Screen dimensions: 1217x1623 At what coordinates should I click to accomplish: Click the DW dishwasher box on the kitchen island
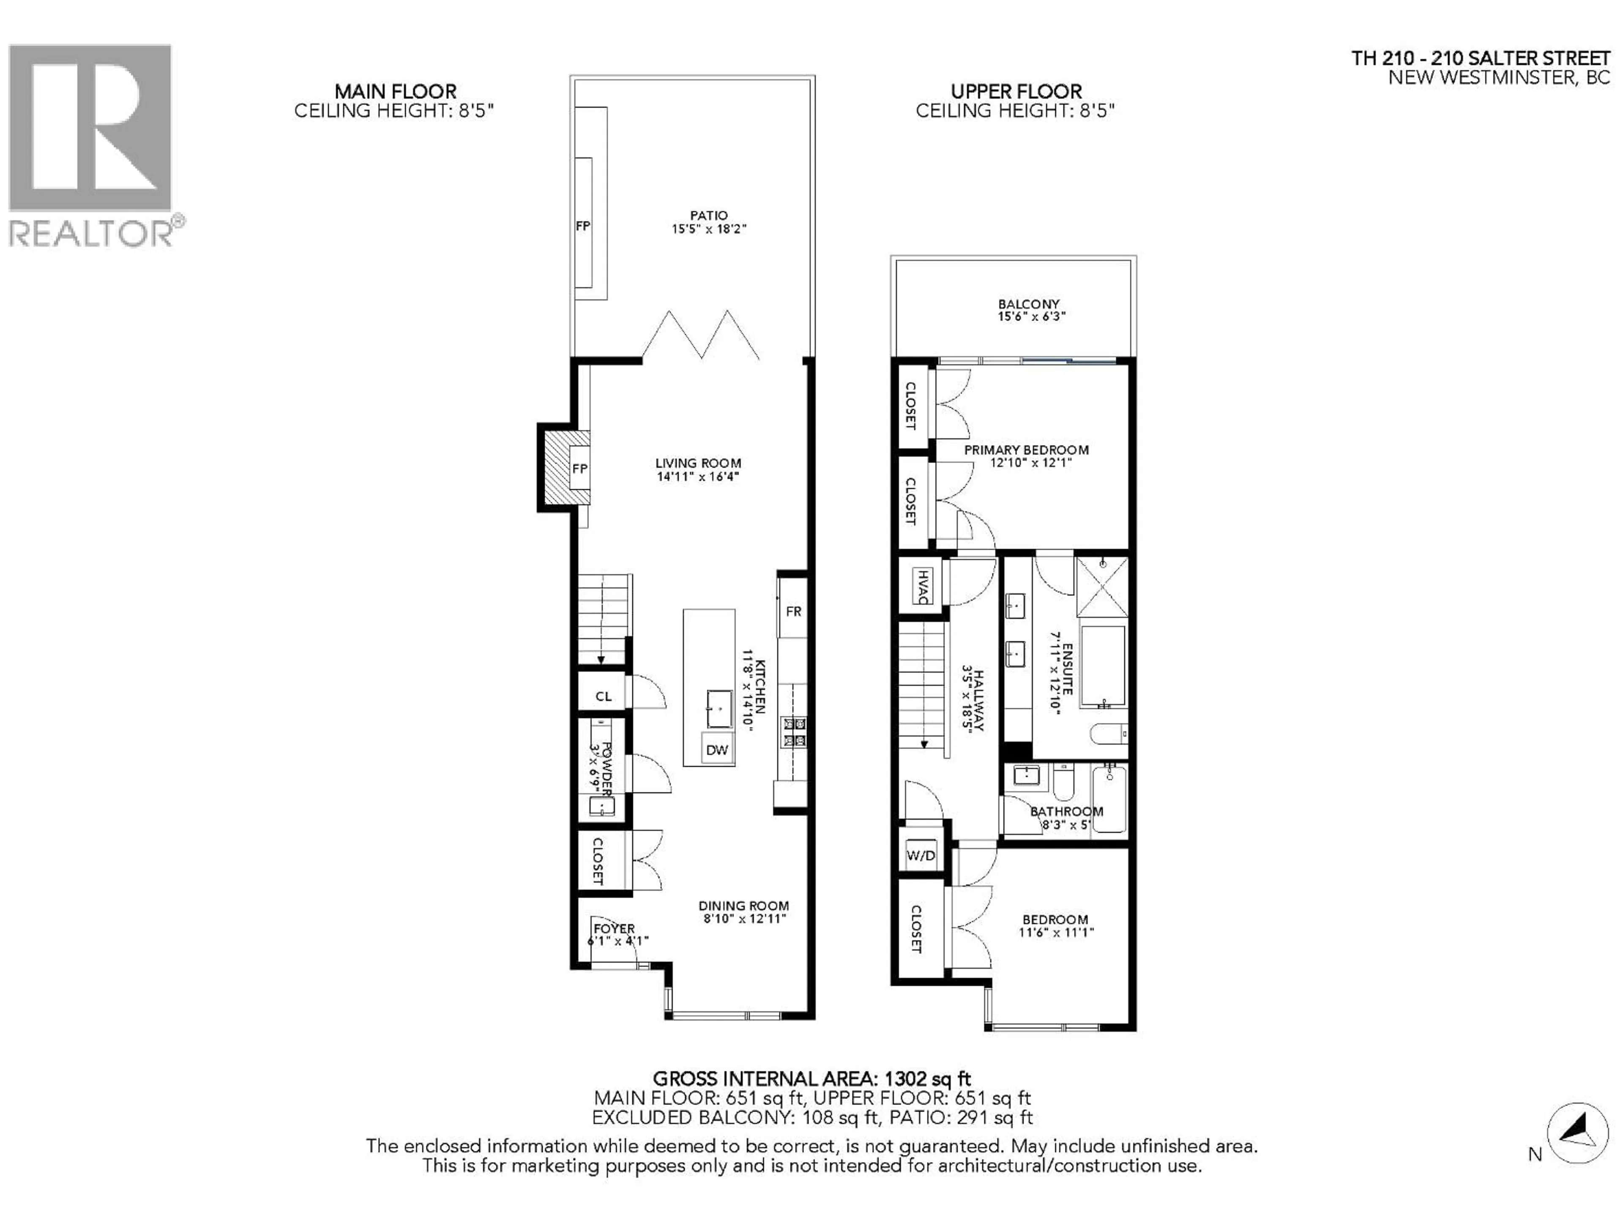717,750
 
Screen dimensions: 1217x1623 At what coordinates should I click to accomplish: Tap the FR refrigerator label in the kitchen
793,611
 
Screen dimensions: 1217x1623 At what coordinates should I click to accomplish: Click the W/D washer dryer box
921,855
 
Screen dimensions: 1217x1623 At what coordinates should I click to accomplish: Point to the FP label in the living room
579,469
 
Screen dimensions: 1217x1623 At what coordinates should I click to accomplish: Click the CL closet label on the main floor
603,696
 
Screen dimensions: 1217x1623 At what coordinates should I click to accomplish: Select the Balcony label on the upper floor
1028,304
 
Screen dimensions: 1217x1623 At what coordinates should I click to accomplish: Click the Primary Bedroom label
1026,450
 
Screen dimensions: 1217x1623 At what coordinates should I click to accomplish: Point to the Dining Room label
743,906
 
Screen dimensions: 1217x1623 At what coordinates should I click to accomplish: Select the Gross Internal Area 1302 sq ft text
811,1079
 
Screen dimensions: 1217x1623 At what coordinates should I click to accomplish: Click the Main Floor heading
396,92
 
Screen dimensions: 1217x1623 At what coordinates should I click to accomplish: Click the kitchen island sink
719,709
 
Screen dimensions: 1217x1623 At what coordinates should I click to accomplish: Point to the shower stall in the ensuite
1101,586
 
